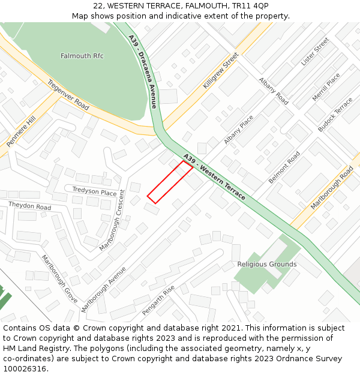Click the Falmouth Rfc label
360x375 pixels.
(x=82, y=56)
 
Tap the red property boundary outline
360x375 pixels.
(x=170, y=182)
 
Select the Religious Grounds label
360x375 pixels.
(x=266, y=264)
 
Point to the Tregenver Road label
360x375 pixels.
(x=68, y=95)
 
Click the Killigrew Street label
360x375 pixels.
(x=220, y=71)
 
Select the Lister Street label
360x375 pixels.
(x=315, y=52)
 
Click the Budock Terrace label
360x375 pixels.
(x=335, y=115)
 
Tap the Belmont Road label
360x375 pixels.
(x=284, y=167)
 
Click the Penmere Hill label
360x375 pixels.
(x=21, y=131)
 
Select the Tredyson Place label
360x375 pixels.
(x=94, y=192)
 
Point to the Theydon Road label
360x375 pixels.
(x=29, y=206)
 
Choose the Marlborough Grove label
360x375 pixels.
(x=59, y=279)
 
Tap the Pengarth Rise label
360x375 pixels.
(x=158, y=301)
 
